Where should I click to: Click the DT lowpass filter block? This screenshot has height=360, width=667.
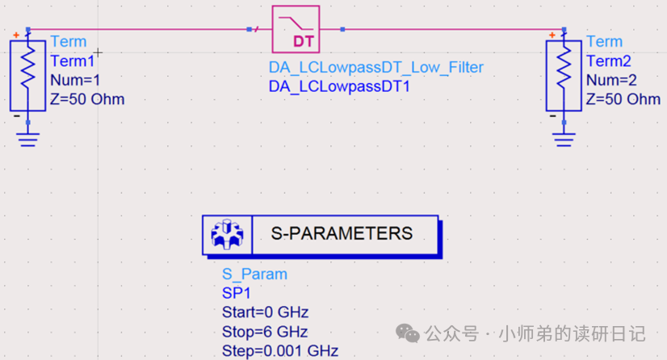point(296,29)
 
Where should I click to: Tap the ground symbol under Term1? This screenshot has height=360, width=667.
point(28,138)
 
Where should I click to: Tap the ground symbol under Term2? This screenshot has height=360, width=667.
point(564,138)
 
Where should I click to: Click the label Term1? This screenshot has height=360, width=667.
point(72,61)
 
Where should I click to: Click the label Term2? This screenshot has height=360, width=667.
point(608,61)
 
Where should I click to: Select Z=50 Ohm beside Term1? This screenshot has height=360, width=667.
point(87,99)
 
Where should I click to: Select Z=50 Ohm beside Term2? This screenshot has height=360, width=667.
point(623,99)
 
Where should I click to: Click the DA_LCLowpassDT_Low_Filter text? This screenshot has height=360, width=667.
point(375,67)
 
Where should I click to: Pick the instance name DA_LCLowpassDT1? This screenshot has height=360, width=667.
point(339,86)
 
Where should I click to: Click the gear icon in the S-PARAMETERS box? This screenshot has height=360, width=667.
point(225,235)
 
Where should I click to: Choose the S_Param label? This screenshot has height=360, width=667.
point(254,274)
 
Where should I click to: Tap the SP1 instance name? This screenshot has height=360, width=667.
point(236,293)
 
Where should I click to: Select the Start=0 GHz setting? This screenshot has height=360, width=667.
point(265,312)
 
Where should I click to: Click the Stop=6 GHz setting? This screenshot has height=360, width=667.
point(264,332)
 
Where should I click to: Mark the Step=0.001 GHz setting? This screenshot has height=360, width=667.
point(279,350)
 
